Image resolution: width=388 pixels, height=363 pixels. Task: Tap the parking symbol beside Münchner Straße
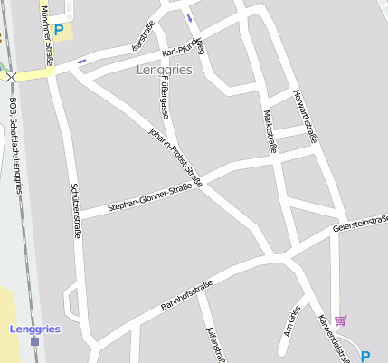tap(59, 30)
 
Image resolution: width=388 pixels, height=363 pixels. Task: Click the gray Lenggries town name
tap(164, 70)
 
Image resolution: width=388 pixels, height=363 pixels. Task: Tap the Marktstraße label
tap(268, 132)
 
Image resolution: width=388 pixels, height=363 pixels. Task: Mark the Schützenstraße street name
tap(76, 211)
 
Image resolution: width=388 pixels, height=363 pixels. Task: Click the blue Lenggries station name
tap(34, 329)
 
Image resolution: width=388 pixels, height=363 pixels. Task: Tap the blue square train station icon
tap(34, 341)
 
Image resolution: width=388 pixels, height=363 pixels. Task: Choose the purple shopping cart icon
tap(341, 320)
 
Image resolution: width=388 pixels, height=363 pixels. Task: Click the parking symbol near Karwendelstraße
tap(365, 356)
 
